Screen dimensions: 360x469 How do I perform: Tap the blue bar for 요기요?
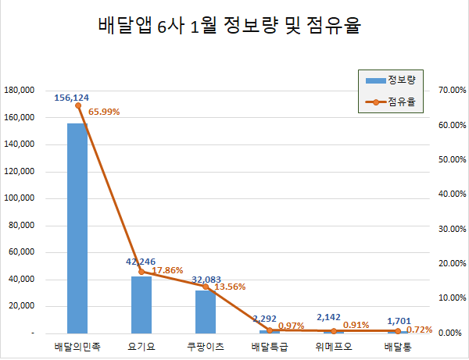pyautogui.click(x=141, y=305)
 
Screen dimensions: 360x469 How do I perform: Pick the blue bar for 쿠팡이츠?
pyautogui.click(x=206, y=312)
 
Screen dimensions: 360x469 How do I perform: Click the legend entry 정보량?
pyautogui.click(x=395, y=80)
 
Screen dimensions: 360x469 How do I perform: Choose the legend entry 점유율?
pyautogui.click(x=395, y=102)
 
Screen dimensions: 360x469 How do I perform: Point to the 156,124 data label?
pyautogui.click(x=72, y=98)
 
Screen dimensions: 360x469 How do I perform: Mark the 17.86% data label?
pyautogui.click(x=167, y=271)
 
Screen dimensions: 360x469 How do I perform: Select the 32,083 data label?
pyautogui.click(x=207, y=279)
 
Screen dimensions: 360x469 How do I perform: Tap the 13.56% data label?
pyautogui.click(x=231, y=287)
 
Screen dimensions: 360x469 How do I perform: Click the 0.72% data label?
pyautogui.click(x=419, y=330)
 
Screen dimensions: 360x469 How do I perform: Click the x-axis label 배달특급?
pyautogui.click(x=270, y=345)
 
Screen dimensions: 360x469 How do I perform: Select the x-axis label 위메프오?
pyautogui.click(x=334, y=345)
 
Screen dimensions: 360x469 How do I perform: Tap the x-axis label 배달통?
pyautogui.click(x=398, y=345)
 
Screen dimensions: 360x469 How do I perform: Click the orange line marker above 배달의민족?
pyautogui.click(x=77, y=105)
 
